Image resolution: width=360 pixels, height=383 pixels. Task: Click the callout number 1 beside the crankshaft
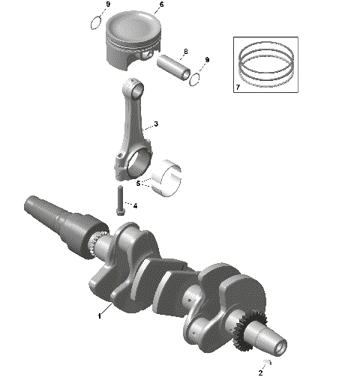[x=99, y=316]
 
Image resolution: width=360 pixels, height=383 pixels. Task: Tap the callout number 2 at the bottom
[x=261, y=373]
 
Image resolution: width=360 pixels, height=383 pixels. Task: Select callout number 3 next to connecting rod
[x=155, y=124]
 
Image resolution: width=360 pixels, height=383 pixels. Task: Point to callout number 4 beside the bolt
[x=135, y=204]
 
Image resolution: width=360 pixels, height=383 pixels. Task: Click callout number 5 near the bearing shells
[x=138, y=183]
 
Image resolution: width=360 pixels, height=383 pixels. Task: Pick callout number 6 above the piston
[x=160, y=5]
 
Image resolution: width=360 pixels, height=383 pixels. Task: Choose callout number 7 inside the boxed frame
[x=238, y=88]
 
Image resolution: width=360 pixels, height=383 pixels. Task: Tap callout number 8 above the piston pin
[x=185, y=51]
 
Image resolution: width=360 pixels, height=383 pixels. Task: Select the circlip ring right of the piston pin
[x=197, y=76]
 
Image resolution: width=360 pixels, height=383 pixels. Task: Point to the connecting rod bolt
[x=119, y=199]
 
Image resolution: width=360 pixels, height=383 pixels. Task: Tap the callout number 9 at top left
[x=108, y=5]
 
